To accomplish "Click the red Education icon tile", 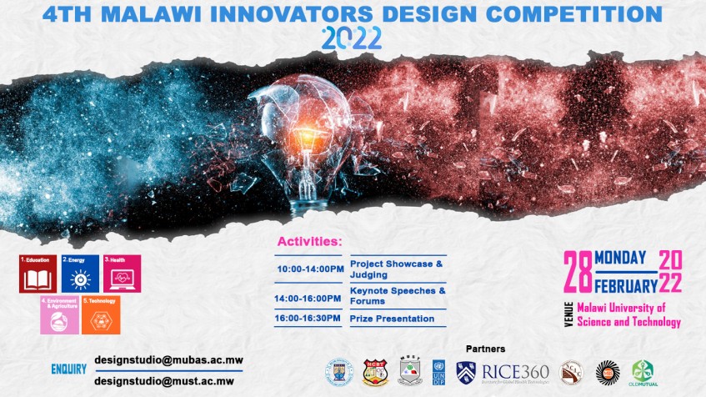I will (38, 274).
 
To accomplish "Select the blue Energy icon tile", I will (80, 274).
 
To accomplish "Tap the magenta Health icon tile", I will (122, 274).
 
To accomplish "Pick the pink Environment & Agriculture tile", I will (59, 314).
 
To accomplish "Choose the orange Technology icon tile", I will (100, 314).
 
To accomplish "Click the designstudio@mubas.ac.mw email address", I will (168, 360).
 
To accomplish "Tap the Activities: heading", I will (309, 242).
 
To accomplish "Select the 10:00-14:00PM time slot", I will (310, 269).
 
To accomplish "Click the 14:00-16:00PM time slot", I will (310, 298).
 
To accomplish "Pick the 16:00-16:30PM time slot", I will (310, 319).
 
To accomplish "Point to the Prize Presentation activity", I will (393, 319).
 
